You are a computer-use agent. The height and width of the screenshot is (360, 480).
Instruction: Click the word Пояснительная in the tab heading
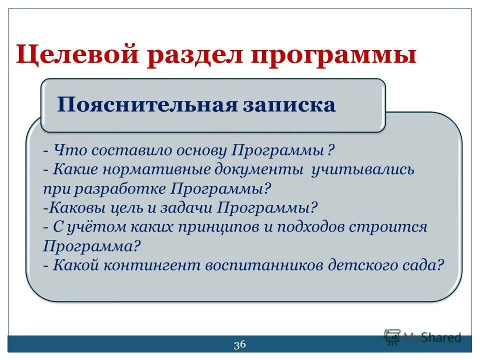point(145,105)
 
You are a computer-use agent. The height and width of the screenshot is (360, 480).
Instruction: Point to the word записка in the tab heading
point(290,105)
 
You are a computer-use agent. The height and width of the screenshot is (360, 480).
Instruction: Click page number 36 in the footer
point(239,344)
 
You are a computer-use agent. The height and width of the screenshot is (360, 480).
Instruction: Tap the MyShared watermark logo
point(422,337)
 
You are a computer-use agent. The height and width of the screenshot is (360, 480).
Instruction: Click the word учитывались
point(362,169)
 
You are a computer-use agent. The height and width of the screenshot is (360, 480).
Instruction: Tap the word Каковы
point(72,207)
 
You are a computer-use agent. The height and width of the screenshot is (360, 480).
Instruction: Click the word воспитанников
point(265,265)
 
